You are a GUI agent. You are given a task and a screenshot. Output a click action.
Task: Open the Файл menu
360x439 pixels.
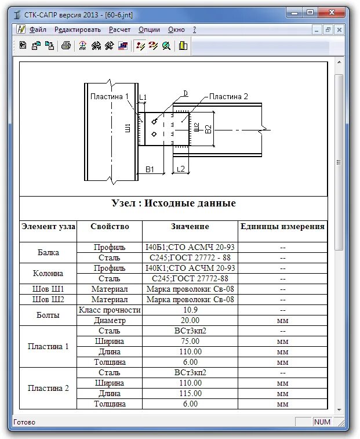[x=38, y=30]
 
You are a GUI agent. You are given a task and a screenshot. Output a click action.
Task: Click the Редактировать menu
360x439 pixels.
[x=77, y=30]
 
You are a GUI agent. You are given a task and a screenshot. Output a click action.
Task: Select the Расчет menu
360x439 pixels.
[x=119, y=30]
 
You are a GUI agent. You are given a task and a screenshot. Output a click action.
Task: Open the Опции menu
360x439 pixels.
[x=150, y=30]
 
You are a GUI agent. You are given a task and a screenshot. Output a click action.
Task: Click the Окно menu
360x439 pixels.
[x=176, y=30]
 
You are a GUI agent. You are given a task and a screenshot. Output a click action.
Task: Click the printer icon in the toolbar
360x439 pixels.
[x=66, y=46]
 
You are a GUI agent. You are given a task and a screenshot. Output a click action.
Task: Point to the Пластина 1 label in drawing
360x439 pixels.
[x=107, y=96]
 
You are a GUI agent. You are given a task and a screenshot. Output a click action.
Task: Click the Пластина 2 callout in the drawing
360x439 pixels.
[x=228, y=96]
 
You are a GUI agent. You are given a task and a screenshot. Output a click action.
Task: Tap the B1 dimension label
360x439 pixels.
[x=150, y=169]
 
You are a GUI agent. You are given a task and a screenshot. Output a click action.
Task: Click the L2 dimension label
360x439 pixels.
[x=180, y=169]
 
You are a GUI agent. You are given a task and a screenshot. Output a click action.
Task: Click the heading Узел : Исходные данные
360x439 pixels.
[x=173, y=204]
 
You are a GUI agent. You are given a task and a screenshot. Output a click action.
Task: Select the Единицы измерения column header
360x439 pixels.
[x=282, y=226]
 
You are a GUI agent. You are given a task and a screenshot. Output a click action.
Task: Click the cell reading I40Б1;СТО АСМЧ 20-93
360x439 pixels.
[x=190, y=247]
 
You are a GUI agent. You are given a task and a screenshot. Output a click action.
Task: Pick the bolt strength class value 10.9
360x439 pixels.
[x=190, y=310]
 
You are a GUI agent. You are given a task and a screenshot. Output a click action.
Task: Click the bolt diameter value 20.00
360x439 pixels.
[x=190, y=320]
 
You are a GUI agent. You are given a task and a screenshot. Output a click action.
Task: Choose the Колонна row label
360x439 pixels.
[x=49, y=273]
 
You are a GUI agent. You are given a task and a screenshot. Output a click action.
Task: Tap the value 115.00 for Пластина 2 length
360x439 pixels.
[x=190, y=393]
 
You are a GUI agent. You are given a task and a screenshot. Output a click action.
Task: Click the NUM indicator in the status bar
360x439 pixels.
[x=322, y=422]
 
